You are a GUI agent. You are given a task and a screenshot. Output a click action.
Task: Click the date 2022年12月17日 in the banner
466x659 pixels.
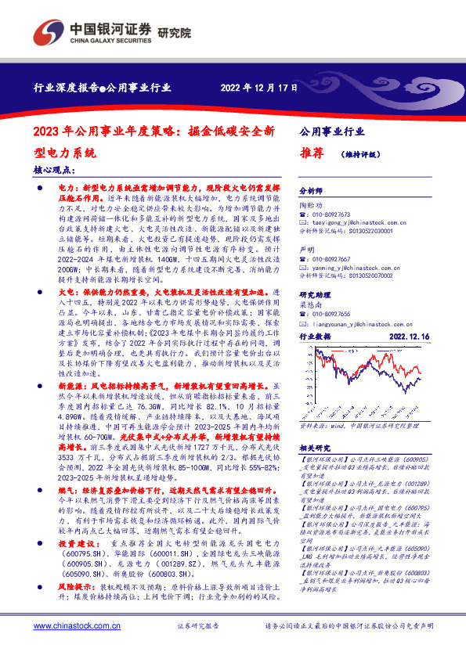tap(259, 87)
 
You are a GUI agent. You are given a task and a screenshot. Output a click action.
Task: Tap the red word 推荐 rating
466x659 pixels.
tap(312, 153)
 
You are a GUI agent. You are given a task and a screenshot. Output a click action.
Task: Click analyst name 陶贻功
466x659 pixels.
tap(312, 203)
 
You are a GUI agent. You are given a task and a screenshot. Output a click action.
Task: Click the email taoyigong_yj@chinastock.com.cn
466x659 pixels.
tap(357, 222)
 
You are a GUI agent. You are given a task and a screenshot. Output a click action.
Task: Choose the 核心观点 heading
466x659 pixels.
tap(56, 169)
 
